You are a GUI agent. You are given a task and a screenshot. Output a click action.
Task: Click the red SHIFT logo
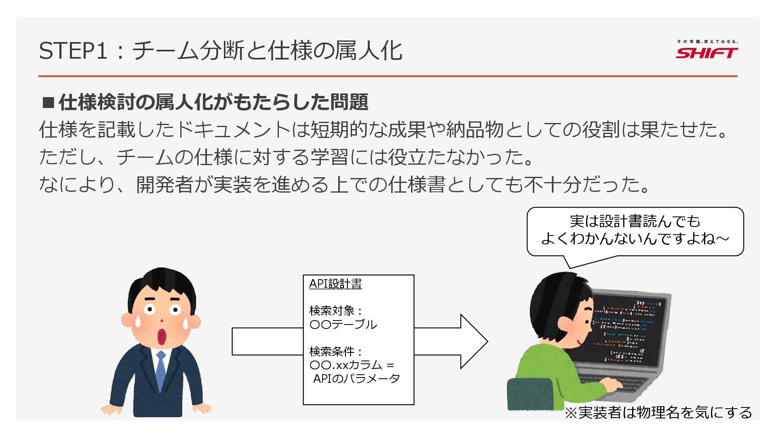[x=706, y=53]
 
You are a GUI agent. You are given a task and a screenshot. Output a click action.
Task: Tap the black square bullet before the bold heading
[x=48, y=102]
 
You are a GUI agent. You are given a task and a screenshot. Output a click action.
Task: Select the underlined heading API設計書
[x=335, y=284]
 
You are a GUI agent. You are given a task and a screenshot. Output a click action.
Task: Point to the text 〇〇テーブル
[x=343, y=325]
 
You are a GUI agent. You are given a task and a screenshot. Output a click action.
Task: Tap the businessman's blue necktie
[x=161, y=370]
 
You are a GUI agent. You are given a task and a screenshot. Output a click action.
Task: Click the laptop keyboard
[x=606, y=382]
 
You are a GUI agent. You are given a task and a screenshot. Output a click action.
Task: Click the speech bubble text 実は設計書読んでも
[x=635, y=221]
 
